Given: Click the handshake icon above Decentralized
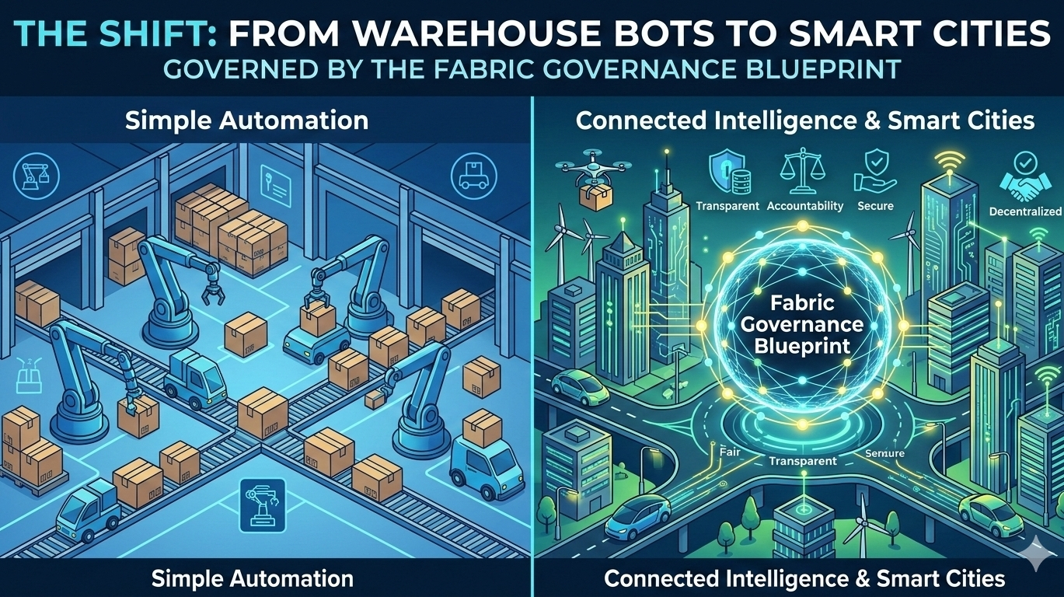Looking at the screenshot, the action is (1024, 177).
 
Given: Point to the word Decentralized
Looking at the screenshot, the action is (1025, 211).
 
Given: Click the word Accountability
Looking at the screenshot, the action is (804, 206).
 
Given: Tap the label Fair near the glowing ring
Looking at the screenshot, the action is (731, 449).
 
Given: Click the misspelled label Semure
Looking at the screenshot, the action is (885, 455).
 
